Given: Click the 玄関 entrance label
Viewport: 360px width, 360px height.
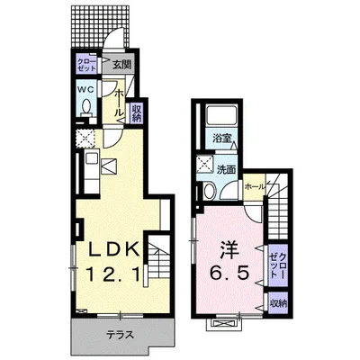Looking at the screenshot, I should pos(122,65).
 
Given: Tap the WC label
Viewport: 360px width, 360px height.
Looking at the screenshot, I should pos(85,91).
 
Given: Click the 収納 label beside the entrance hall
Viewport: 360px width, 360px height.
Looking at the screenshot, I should pos(137,112).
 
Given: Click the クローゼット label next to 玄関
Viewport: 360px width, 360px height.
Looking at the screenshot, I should pos(86,65).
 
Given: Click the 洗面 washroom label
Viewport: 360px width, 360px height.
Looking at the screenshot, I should pos(226,168).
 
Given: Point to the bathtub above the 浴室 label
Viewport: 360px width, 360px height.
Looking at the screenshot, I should pos(220,117).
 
